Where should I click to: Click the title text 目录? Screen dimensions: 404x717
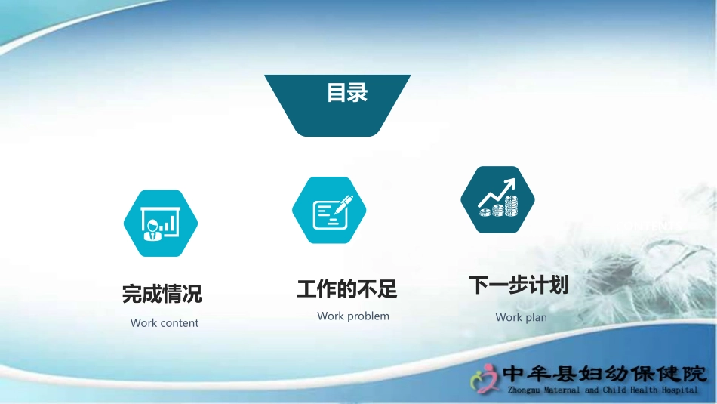pos(347,94)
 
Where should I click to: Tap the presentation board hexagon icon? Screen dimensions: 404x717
pos(161,224)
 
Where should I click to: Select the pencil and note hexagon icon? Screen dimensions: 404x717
pos(329,211)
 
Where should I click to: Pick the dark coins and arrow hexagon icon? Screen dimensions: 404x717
pos(498,199)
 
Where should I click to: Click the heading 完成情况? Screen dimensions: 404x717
pos(162,293)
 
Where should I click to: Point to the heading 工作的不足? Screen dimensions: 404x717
pos(346,289)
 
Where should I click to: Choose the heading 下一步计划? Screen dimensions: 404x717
pos(518,285)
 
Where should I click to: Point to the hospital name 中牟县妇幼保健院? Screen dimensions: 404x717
pos(605,374)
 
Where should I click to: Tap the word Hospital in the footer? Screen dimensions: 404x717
pos(680,390)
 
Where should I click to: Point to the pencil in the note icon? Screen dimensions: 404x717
pos(343,204)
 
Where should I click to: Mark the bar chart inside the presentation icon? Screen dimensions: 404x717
pos(171,222)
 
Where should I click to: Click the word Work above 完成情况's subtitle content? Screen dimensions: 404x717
pos(143,323)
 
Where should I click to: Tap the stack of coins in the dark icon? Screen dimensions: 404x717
pos(510,205)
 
